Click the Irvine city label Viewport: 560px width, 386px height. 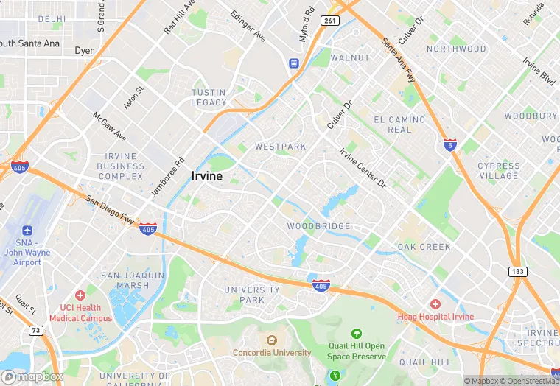[208, 176]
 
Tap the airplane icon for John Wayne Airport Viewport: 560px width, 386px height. [27, 231]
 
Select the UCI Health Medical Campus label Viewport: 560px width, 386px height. [80, 313]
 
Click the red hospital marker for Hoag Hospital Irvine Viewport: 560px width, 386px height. [435, 304]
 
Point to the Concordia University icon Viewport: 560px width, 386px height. [271, 340]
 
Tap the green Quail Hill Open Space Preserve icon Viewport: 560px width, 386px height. [357, 334]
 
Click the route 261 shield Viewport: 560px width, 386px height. [329, 21]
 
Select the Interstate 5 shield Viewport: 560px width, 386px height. [449, 145]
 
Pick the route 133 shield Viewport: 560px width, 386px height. [518, 272]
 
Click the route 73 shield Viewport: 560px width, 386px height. [35, 331]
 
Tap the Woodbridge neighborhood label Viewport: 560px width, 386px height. [318, 226]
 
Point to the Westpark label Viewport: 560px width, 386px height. [280, 147]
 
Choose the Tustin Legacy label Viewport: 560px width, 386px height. [209, 97]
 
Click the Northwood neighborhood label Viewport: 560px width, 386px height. [456, 49]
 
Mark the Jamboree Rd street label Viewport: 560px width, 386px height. [167, 178]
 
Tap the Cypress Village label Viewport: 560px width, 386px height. [498, 171]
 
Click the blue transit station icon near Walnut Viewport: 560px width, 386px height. [293, 63]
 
